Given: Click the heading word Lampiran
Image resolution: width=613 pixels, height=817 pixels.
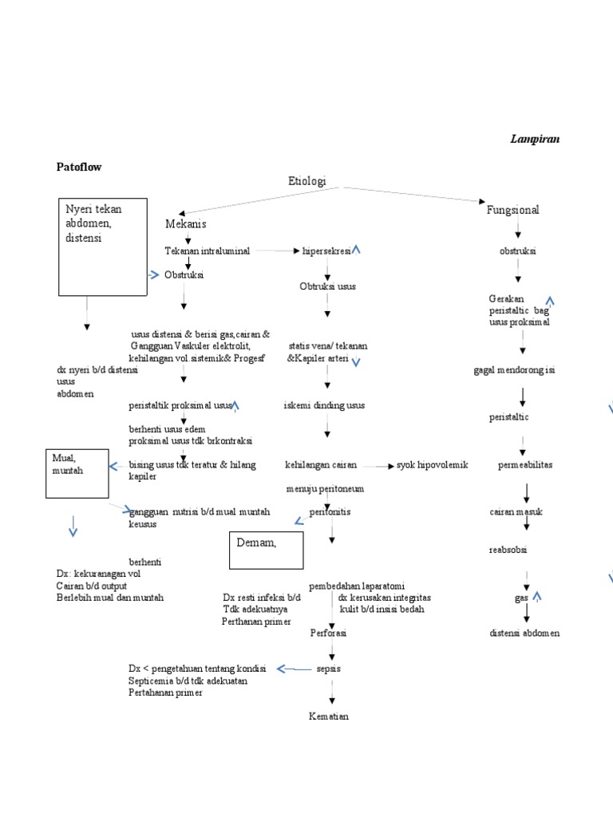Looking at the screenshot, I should [x=535, y=139].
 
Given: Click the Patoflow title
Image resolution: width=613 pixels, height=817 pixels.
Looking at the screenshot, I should [x=79, y=167].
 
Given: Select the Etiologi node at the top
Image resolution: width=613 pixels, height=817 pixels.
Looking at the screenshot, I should [x=307, y=182].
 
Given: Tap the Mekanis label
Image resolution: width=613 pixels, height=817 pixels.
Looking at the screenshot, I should [x=186, y=224].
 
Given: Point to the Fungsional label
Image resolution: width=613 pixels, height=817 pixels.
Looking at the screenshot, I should [x=512, y=210].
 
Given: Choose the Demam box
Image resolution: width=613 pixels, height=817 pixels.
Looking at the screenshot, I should [x=267, y=551].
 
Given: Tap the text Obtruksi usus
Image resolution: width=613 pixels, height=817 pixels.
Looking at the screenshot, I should [x=327, y=286].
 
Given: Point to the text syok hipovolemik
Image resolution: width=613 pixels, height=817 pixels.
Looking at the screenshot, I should [x=432, y=465].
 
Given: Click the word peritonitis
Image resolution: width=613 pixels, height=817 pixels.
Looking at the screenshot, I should [x=330, y=511].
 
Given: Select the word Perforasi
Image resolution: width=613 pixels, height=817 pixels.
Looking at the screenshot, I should [x=328, y=633].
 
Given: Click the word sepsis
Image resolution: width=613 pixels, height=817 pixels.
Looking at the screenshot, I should [x=329, y=669].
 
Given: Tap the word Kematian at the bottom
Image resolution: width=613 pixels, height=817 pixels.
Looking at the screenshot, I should [x=329, y=716].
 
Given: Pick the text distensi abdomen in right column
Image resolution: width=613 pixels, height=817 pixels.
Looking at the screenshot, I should [x=524, y=633].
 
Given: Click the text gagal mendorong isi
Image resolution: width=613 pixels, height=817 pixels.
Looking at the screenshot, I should [x=513, y=370].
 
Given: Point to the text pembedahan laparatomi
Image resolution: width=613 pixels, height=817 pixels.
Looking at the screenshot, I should [x=350, y=586].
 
